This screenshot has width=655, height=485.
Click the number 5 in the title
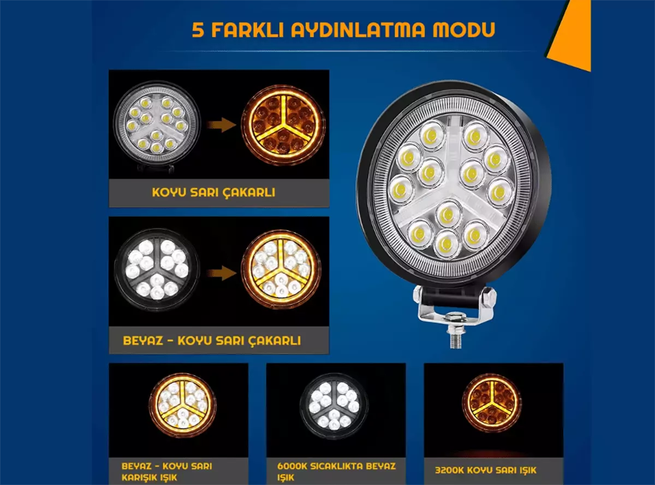pos(198,30)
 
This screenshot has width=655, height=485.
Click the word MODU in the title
pos(463,30)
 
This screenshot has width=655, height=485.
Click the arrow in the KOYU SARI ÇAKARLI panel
pos(222,125)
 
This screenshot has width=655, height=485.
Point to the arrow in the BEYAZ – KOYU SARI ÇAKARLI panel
pos(222,273)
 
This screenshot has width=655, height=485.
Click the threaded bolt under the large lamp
pos(455,335)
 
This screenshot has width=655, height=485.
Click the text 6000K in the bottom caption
pos(293,466)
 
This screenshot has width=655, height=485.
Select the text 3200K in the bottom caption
pos(450,470)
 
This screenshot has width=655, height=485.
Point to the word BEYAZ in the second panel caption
pos(143,340)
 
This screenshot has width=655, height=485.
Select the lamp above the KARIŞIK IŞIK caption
pos(182,406)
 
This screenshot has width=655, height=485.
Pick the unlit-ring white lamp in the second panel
pos(157,270)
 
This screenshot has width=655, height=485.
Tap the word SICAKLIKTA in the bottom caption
pos(337,466)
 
